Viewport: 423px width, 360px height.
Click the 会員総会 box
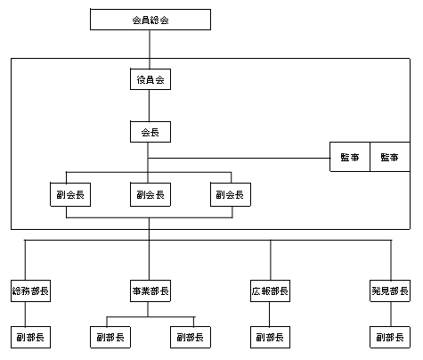[x=150, y=20]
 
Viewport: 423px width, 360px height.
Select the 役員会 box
[x=150, y=79]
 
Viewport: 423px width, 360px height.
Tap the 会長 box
[x=150, y=132]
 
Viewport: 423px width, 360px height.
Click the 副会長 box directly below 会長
[x=150, y=194]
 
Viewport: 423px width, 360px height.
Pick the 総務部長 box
[x=30, y=290]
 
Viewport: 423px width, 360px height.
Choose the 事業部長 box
[x=150, y=290]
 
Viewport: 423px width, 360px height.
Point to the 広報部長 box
[x=270, y=290]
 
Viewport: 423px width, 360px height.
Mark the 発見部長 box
[x=390, y=290]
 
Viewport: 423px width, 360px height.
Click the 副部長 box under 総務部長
[x=30, y=337]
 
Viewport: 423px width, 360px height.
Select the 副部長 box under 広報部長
[x=270, y=337]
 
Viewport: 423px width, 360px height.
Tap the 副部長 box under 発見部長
[x=390, y=337]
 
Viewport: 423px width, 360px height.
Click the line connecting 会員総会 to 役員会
[x=150, y=49]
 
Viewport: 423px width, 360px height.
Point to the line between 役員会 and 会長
[x=149, y=105]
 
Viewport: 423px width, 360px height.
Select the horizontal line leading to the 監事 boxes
[x=240, y=158]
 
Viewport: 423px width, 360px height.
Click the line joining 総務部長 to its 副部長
[x=25, y=314]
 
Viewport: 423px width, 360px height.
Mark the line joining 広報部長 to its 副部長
[x=270, y=314]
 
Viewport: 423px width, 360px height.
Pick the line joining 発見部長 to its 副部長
[x=391, y=314]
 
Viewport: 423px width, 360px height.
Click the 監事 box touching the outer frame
[x=390, y=157]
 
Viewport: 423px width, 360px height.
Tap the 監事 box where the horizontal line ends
[x=350, y=157]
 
